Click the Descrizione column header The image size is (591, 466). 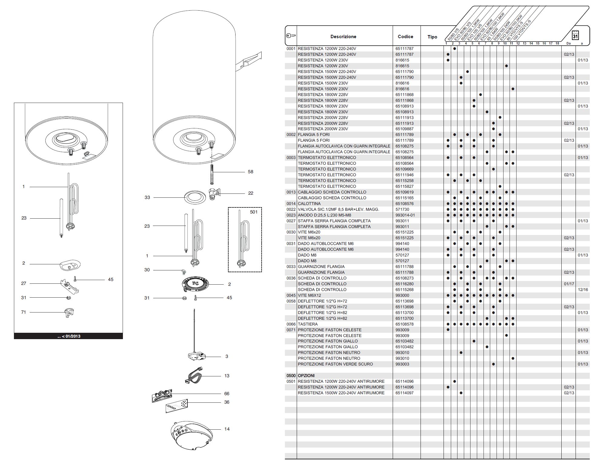click(x=343, y=37)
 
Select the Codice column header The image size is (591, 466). click(x=405, y=37)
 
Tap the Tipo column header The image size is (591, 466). click(x=432, y=37)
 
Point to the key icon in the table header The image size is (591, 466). click(x=291, y=36)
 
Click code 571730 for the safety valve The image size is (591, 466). click(x=402, y=210)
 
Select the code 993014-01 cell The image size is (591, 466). click(x=405, y=215)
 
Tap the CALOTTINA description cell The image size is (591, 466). click(x=309, y=204)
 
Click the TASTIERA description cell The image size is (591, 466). click(x=308, y=324)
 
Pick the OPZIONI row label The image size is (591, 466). click(x=306, y=376)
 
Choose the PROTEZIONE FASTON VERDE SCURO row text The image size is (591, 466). click(x=335, y=364)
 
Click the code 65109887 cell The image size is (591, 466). click(x=404, y=129)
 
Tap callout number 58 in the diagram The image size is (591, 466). click(x=250, y=172)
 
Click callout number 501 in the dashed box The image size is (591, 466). click(x=254, y=212)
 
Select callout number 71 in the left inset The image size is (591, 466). click(x=24, y=312)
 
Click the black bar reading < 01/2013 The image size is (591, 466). click(x=68, y=336)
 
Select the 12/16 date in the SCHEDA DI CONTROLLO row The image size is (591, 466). click(x=583, y=290)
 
